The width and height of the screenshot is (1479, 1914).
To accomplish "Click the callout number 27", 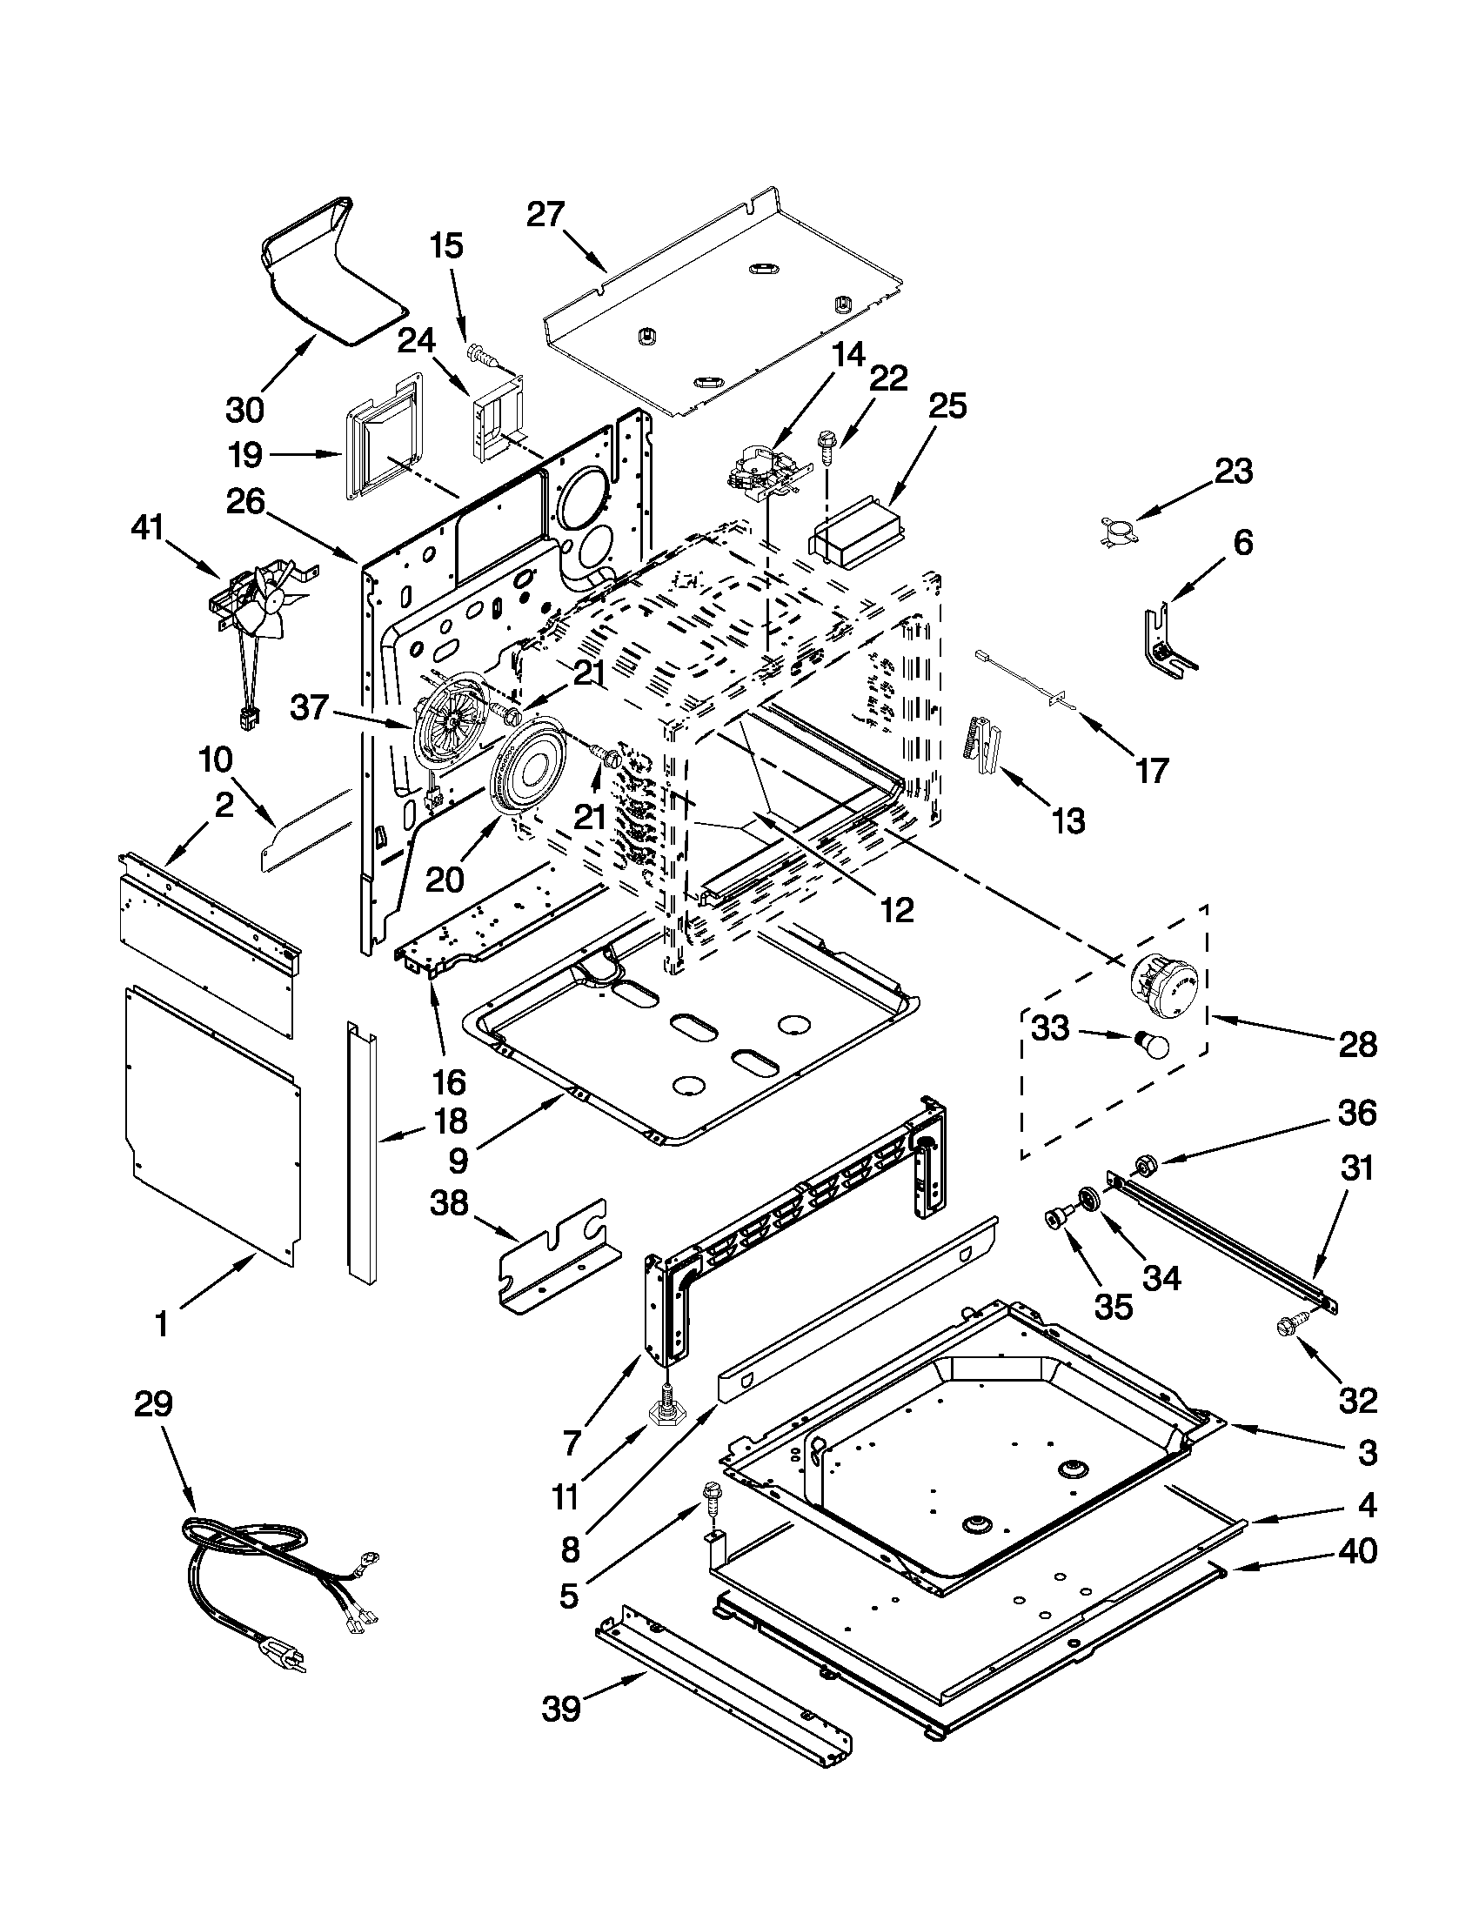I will (545, 214).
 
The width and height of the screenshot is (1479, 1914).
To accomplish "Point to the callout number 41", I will (148, 529).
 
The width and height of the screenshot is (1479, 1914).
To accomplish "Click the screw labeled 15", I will (481, 352).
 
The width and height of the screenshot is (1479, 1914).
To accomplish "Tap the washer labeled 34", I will (1090, 1198).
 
